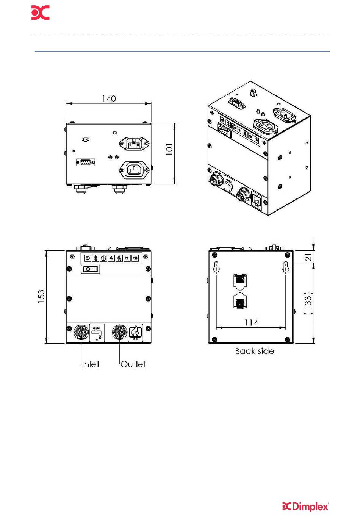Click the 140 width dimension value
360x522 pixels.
pyautogui.click(x=109, y=98)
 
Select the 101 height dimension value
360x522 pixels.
pyautogui.click(x=169, y=149)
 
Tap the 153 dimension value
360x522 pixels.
pyautogui.click(x=41, y=297)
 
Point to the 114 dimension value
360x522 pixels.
pyautogui.click(x=251, y=322)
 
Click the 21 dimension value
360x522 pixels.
pyautogui.click(x=308, y=257)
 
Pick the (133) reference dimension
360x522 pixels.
pyautogui.click(x=308, y=303)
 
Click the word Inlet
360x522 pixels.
pyautogui.click(x=91, y=364)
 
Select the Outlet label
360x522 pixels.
pyautogui.click(x=133, y=364)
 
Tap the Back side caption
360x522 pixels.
pyautogui.click(x=255, y=351)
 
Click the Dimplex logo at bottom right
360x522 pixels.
pyautogui.click(x=305, y=506)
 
